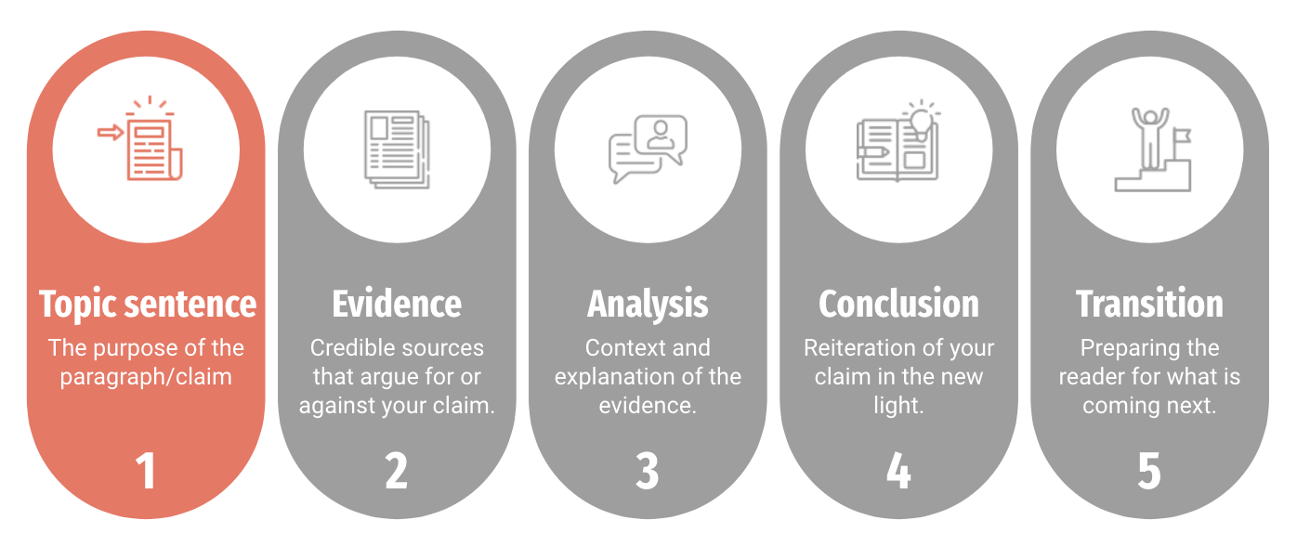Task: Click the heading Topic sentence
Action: click(147, 305)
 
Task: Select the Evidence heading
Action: click(397, 305)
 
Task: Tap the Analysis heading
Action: click(648, 305)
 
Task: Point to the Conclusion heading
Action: click(898, 305)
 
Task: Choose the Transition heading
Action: click(1149, 305)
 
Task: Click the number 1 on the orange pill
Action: click(146, 471)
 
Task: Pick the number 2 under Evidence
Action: click(397, 471)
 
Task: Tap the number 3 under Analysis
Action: click(648, 471)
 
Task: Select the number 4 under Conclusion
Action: click(898, 471)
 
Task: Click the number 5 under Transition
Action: click(1149, 471)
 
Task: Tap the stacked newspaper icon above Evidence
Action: click(397, 149)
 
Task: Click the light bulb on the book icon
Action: click(921, 121)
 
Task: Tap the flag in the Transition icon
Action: click(1183, 136)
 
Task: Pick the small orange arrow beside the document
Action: click(111, 133)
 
